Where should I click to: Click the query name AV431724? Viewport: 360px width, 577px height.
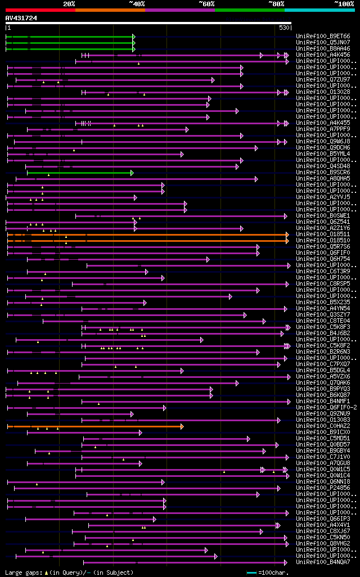pyautogui.click(x=21, y=18)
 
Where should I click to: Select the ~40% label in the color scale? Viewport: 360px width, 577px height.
pyautogui.click(x=137, y=4)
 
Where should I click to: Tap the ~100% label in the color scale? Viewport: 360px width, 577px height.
pyautogui.click(x=344, y=4)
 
